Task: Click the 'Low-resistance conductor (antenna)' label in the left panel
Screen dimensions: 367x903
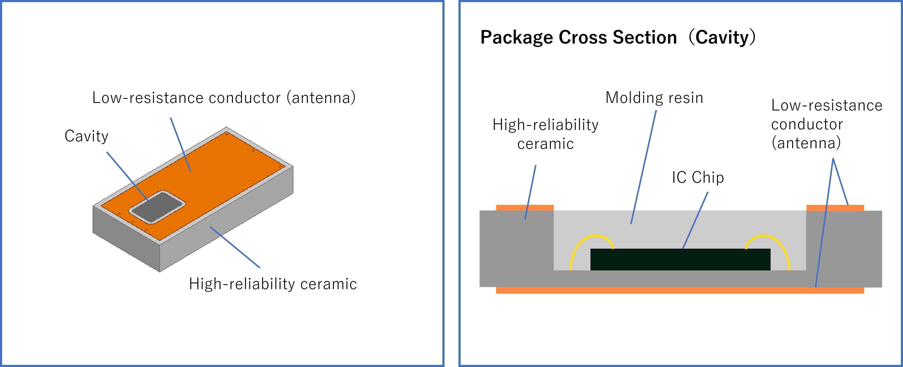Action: click(224, 98)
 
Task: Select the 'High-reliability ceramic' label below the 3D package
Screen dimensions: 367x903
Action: click(273, 284)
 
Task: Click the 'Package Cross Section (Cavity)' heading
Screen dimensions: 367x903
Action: click(618, 38)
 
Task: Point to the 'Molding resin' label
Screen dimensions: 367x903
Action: click(654, 98)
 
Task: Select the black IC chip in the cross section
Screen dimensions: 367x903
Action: click(680, 260)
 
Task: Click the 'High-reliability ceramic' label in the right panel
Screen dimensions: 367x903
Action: click(545, 134)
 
